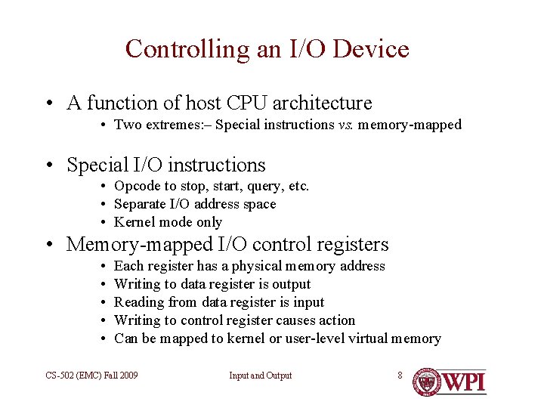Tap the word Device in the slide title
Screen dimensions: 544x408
point(370,49)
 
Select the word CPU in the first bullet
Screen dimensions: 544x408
point(245,103)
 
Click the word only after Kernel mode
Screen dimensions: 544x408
point(209,222)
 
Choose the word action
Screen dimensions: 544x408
point(337,320)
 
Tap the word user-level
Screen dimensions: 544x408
point(310,338)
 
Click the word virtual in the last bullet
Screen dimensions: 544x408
point(367,338)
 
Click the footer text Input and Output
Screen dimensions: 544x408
point(261,376)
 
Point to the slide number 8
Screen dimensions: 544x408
point(400,375)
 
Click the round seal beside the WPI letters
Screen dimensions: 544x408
point(428,382)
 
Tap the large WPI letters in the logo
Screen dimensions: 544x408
point(464,382)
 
